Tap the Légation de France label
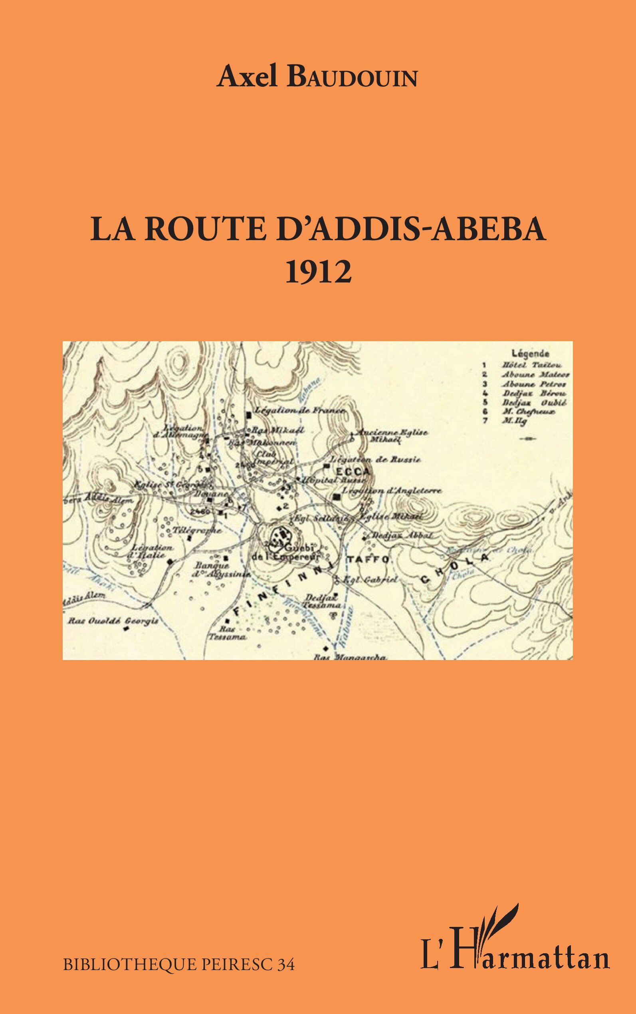(301, 410)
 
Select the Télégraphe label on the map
(196, 530)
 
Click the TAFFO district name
(369, 559)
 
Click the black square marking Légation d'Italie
(170, 562)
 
